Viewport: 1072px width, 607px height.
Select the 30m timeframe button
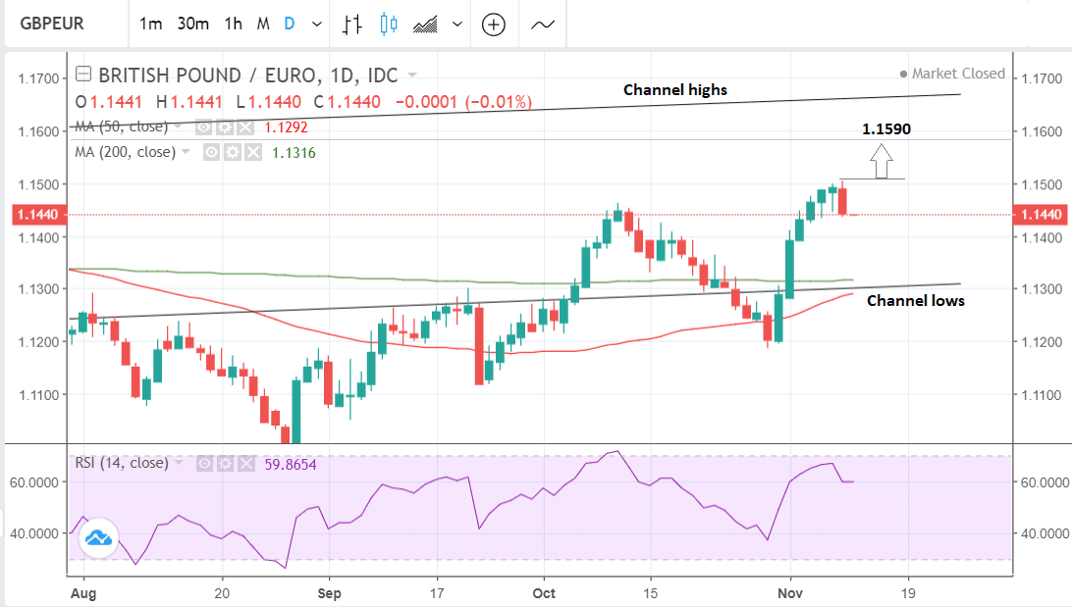tap(192, 25)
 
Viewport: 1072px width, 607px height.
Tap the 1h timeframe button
tap(233, 25)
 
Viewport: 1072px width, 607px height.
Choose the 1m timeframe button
tap(150, 25)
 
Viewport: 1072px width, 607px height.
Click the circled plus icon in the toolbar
tap(493, 25)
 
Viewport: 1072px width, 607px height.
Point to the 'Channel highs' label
tap(675, 90)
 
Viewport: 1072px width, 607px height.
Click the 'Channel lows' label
tap(915, 301)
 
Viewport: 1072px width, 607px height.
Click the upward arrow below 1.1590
tap(882, 156)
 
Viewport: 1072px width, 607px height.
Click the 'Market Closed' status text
tap(958, 74)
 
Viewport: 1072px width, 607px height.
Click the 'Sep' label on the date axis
tap(330, 593)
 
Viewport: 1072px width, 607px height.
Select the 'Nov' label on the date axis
tap(790, 593)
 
